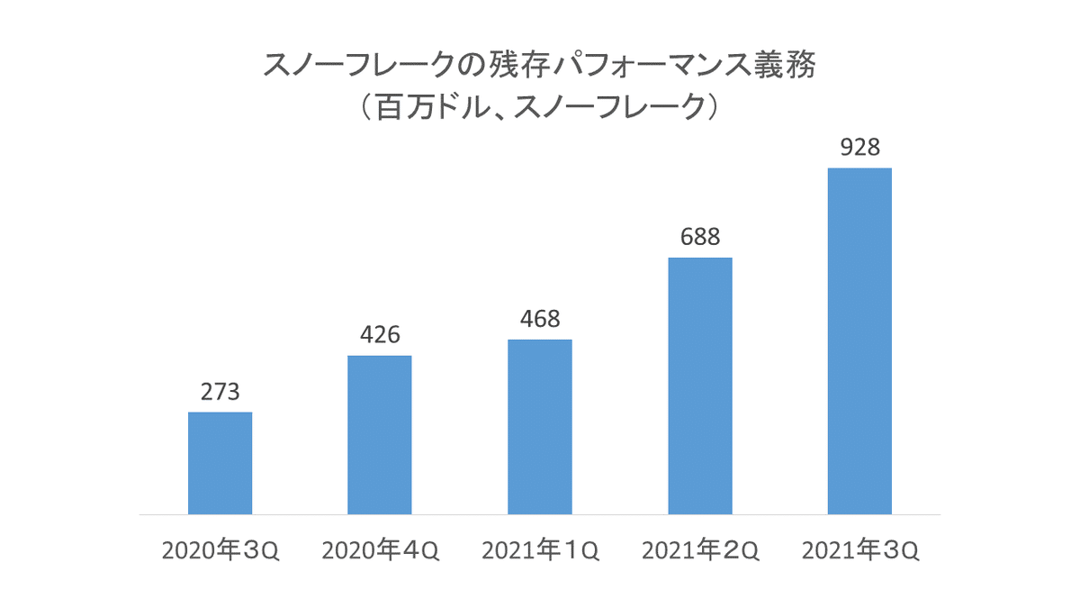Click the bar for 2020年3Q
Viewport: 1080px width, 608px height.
point(220,463)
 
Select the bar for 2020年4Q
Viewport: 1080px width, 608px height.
point(380,435)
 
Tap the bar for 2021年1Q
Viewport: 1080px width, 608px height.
point(540,427)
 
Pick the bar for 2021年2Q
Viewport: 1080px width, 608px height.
point(699,386)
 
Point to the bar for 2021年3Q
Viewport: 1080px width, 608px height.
point(859,341)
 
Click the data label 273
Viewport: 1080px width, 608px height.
point(220,393)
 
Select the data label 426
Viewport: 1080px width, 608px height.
point(380,335)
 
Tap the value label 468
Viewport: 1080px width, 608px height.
point(540,319)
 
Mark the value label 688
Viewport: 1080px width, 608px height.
point(699,237)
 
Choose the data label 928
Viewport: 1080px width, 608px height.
point(859,147)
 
